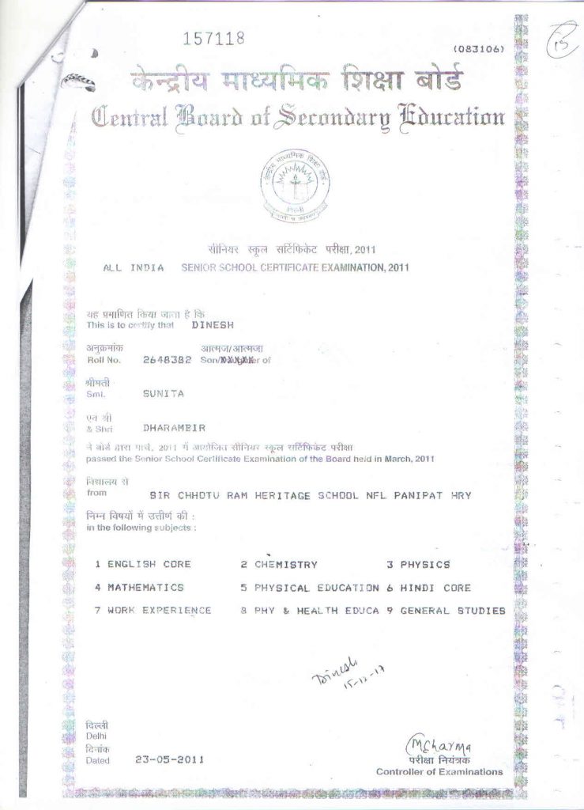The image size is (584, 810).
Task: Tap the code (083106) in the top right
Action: [477, 49]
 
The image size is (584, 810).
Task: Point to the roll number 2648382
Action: [167, 360]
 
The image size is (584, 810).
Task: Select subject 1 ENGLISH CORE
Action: [143, 565]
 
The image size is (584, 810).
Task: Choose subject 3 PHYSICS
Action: [418, 565]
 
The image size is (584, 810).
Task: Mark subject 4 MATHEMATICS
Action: [139, 588]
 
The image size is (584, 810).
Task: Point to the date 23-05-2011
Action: [170, 759]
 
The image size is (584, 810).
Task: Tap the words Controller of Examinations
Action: [439, 771]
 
